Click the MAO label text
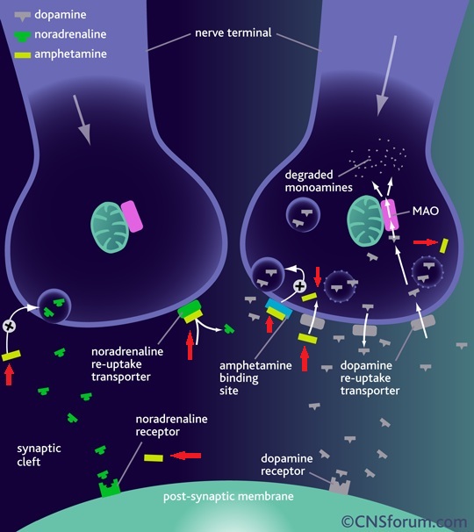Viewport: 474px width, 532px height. coord(426,211)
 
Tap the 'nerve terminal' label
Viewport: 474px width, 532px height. coord(233,32)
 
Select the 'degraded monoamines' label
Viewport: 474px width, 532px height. coord(319,181)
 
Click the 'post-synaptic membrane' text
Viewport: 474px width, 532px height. coord(228,496)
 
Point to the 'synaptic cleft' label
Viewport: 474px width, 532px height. coord(39,455)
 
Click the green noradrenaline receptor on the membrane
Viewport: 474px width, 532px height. coord(109,488)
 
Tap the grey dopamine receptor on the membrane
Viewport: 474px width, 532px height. coord(340,485)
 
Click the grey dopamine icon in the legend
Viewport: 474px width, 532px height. coord(23,16)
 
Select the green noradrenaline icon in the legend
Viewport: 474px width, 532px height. coord(23,36)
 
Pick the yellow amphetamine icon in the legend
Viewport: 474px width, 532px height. coord(23,54)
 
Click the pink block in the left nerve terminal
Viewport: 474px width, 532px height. coord(132,217)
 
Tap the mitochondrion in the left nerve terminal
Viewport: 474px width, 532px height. coord(110,227)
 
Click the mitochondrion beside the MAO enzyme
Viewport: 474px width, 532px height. coord(365,220)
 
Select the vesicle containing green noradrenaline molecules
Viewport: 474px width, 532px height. coord(54,306)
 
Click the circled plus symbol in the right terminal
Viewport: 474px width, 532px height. coord(299,286)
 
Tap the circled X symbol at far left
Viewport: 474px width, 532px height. coord(9,326)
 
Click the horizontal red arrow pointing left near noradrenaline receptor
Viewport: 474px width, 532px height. coord(185,456)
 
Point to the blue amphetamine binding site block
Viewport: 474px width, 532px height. coord(279,308)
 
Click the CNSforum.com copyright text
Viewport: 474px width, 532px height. coord(404,521)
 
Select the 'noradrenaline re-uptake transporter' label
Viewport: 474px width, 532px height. coord(127,364)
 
